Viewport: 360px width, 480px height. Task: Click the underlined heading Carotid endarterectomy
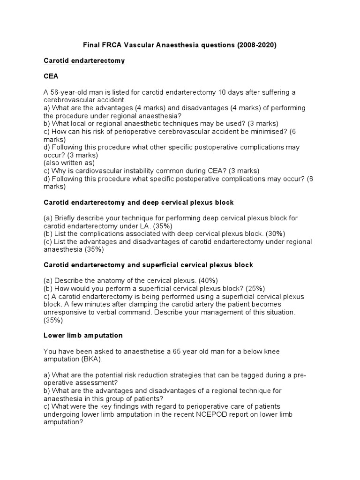tap(84, 61)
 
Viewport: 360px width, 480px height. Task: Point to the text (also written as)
tap(69, 163)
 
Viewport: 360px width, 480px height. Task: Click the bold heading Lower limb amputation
tap(83, 335)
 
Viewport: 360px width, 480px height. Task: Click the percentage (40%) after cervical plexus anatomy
tap(196, 280)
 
